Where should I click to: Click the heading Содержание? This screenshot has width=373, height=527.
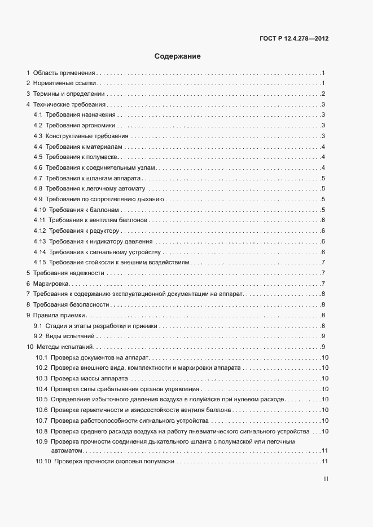(x=178, y=56)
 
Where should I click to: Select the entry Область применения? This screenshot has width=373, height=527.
(x=64, y=73)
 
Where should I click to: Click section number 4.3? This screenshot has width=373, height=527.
(x=38, y=136)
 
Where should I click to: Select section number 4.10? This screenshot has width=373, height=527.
(x=40, y=210)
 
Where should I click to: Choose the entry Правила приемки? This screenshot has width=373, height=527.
(x=59, y=315)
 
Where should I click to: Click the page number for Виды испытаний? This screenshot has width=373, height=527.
(x=322, y=336)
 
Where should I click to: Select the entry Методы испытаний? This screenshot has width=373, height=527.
(x=63, y=347)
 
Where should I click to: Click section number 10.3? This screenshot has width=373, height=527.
(x=41, y=378)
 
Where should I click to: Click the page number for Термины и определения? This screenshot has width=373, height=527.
(x=322, y=94)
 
